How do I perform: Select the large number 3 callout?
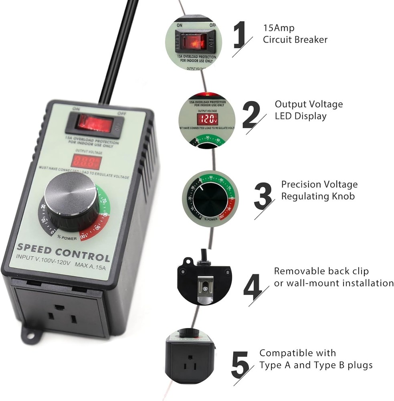tap(263, 195)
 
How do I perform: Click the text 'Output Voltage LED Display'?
tap(308, 110)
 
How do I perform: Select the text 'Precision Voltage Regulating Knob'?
tap(319, 190)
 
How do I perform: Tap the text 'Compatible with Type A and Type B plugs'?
tap(316, 359)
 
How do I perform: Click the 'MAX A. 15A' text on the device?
tap(90, 265)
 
